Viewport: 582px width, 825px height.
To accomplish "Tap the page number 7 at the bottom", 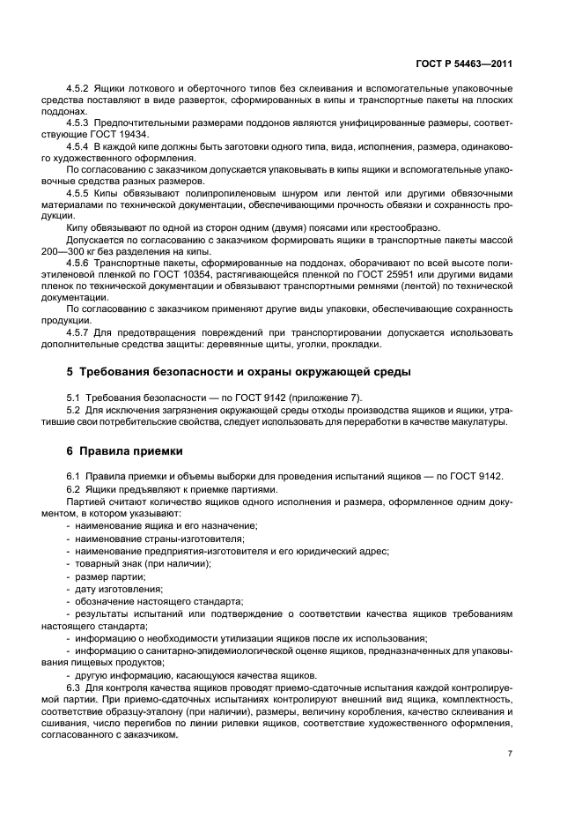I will (510, 754).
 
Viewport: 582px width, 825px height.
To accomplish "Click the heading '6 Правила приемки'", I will (125, 450).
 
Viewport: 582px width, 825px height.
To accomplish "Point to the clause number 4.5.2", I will (80, 90).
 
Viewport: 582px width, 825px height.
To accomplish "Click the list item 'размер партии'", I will (110, 576).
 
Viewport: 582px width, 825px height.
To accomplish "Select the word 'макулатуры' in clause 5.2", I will (479, 422).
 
